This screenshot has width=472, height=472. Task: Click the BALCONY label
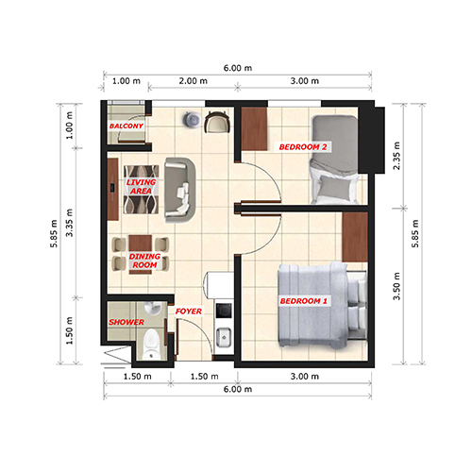pyautogui.click(x=126, y=126)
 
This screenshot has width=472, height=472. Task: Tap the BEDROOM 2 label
pyautogui.click(x=303, y=147)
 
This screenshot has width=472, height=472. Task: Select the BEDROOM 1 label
pyautogui.click(x=304, y=301)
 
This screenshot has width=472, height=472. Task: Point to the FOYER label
pyautogui.click(x=189, y=312)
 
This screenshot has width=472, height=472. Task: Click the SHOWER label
pyautogui.click(x=126, y=322)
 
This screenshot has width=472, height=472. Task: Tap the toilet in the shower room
pyautogui.click(x=152, y=344)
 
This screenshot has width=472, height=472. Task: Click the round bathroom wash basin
pyautogui.click(x=153, y=308)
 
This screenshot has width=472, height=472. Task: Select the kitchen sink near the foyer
pyautogui.click(x=224, y=338)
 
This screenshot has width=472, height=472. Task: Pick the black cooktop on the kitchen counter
pyautogui.click(x=224, y=311)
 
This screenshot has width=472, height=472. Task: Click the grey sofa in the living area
pyautogui.click(x=180, y=190)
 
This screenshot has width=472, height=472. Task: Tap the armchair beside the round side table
pyautogui.click(x=217, y=122)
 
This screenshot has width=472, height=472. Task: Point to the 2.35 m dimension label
pyautogui.click(x=396, y=156)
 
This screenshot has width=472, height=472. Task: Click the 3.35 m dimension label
pyautogui.click(x=69, y=223)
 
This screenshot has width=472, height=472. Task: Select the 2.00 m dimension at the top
pyautogui.click(x=194, y=81)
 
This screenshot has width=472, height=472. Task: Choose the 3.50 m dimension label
pyautogui.click(x=396, y=286)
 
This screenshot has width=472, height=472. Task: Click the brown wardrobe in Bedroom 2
pyautogui.click(x=254, y=129)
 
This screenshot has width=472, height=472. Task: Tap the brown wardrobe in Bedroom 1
pyautogui.click(x=355, y=237)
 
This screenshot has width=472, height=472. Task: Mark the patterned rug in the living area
pyautogui.click(x=141, y=190)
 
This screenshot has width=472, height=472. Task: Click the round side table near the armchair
pyautogui.click(x=192, y=119)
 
